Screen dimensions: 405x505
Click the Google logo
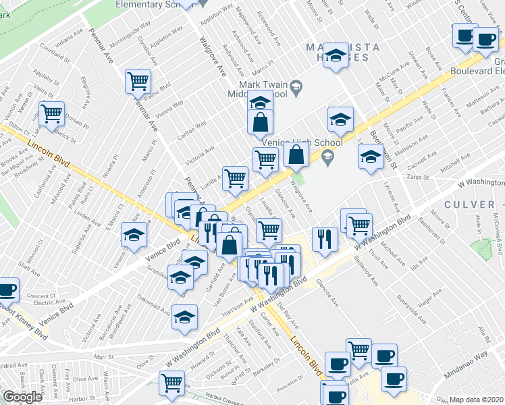pos(22,396)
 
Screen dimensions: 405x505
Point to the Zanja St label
pos(419,178)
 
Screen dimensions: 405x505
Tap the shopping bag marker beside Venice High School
pos(296,155)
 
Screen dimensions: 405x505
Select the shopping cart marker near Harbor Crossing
pos(172,383)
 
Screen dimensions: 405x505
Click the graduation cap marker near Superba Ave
pos(134,236)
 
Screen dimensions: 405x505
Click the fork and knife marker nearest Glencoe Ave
pos(325,240)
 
